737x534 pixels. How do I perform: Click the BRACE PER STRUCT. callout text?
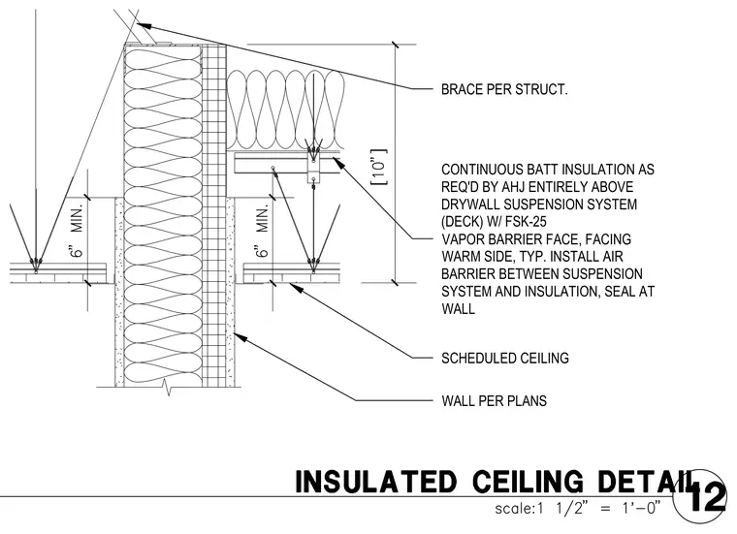tap(504, 89)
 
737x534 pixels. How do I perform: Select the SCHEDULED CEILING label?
tap(505, 359)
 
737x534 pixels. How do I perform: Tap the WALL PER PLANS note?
tap(494, 401)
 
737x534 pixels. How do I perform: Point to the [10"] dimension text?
tap(379, 168)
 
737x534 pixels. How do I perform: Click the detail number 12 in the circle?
tap(707, 497)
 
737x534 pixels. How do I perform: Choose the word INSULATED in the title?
tap(375, 482)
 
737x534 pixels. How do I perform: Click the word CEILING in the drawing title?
tap(528, 482)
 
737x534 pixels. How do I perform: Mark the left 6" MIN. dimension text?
tap(77, 230)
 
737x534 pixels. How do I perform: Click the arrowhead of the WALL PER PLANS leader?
tap(238, 335)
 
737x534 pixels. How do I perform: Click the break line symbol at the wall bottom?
tap(168, 387)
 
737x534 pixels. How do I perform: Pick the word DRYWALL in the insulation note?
tap(468, 204)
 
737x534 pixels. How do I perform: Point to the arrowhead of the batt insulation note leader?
tap(336, 161)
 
